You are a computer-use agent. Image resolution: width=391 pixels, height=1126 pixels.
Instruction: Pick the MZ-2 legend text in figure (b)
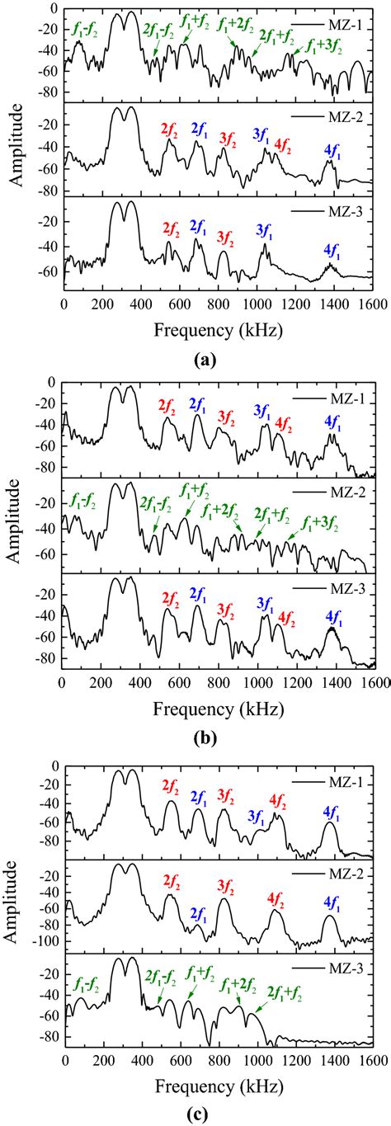(x=343, y=492)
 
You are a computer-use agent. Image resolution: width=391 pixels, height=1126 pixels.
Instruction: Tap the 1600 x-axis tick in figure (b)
(x=371, y=681)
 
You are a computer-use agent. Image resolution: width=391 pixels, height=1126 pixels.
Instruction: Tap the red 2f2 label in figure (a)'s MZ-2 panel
(x=171, y=129)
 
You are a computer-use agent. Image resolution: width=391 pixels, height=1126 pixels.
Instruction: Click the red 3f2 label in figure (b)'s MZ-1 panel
(x=225, y=418)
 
